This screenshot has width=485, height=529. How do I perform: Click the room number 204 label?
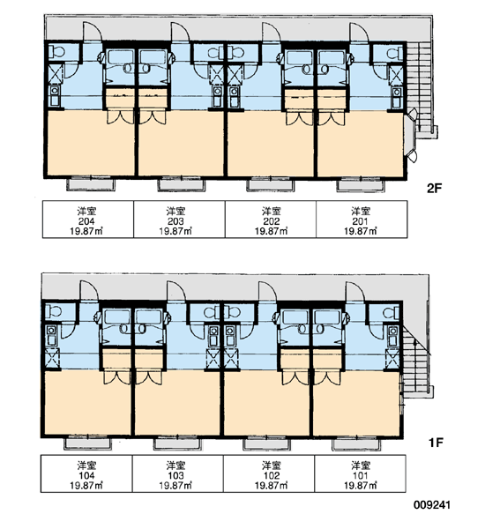pos(86,221)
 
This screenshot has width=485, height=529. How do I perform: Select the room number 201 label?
pos(360,221)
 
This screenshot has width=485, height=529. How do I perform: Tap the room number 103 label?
pos(175,476)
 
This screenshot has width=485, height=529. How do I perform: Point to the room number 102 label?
pos(272,476)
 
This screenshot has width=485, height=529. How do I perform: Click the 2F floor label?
pos(434,189)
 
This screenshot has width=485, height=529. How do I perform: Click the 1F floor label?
pos(436,443)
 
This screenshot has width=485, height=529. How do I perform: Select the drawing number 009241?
pos(432,505)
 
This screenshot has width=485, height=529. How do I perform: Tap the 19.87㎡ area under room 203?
pos(175,231)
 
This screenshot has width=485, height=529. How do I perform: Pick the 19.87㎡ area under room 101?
pos(360,486)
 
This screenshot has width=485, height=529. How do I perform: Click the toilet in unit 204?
pos(56,52)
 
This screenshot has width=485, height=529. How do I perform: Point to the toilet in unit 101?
pos(391,313)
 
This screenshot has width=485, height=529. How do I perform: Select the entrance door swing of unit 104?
pos(88,291)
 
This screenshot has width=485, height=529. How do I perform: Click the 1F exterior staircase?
pos(416,362)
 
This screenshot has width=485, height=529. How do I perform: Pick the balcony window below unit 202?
pos(271,184)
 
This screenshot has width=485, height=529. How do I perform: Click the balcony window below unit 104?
pos(88,443)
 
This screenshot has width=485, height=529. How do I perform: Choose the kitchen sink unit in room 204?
pos(55,96)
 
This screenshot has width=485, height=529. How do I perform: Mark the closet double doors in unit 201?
pos(332,118)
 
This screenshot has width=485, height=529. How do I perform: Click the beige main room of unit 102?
pos(266,403)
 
